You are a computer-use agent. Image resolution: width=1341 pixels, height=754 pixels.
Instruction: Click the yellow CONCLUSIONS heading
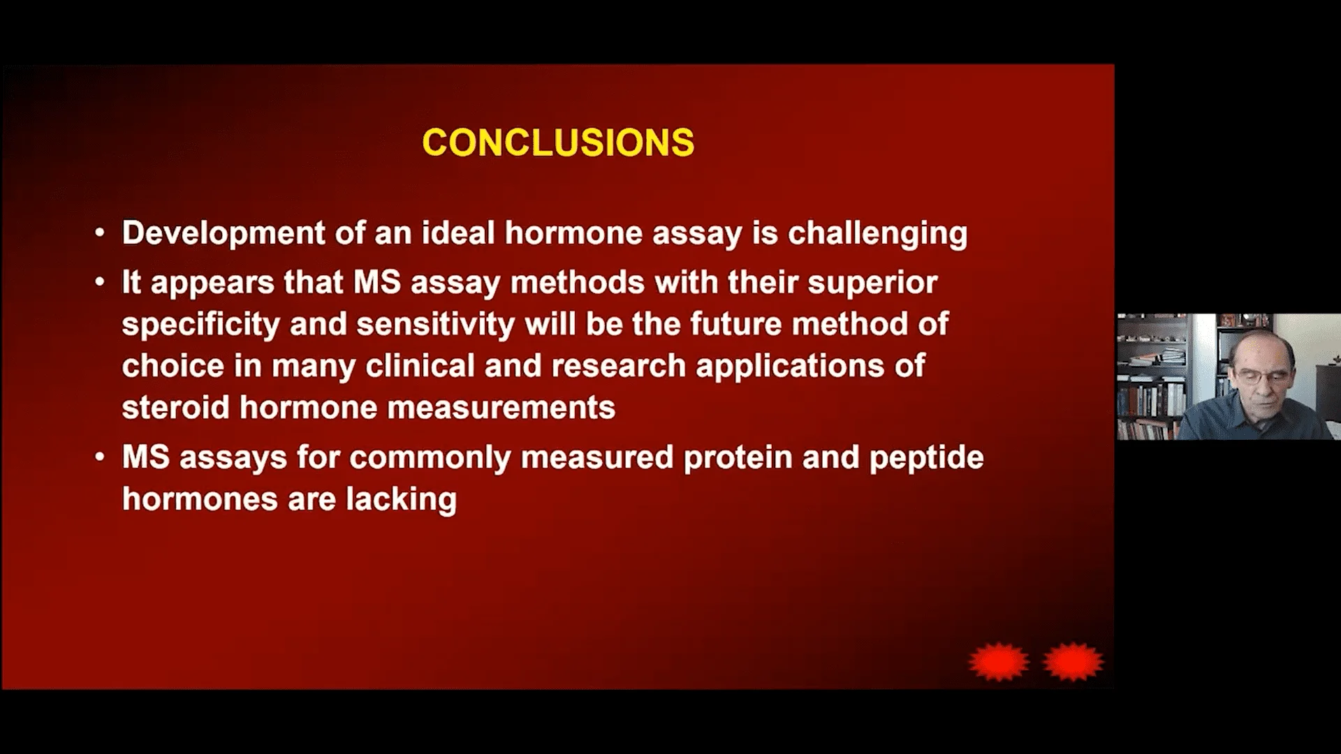click(558, 142)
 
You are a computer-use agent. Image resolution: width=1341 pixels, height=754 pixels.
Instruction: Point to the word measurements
click(501, 407)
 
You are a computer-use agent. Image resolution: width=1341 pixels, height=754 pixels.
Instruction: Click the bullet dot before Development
click(101, 233)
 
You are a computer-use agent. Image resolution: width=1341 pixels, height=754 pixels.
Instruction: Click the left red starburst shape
click(999, 661)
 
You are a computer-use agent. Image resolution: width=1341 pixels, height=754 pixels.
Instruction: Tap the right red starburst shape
click(1073, 661)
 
